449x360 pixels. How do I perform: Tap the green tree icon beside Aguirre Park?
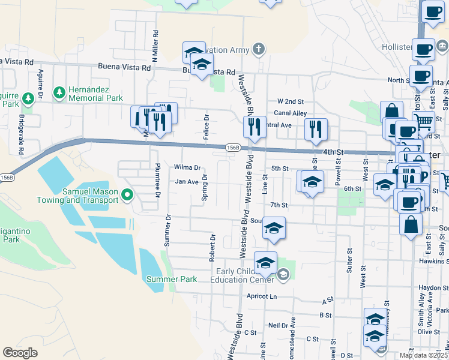(x=28, y=98)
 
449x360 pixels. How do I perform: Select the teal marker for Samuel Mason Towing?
(x=127, y=194)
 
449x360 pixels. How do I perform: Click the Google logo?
(x=20, y=352)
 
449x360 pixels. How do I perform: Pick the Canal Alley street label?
(x=290, y=113)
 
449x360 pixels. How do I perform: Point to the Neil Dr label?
(x=279, y=325)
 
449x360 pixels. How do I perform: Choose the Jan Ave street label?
(x=187, y=181)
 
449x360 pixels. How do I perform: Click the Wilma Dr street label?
(x=187, y=167)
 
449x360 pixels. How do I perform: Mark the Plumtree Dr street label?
(x=157, y=180)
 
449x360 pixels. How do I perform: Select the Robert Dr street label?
(x=212, y=247)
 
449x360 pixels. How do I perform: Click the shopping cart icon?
(x=424, y=122)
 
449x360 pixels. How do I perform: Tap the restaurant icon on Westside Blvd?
(x=254, y=127)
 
